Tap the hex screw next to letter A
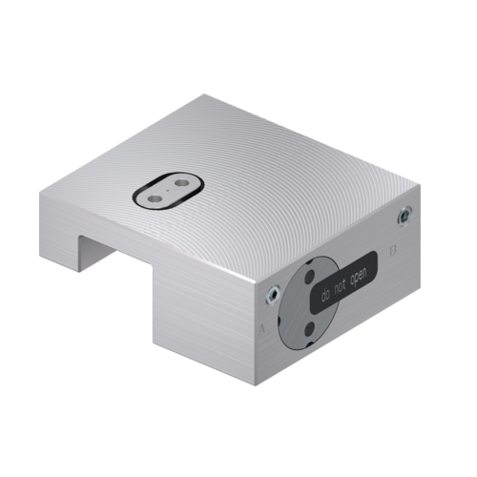point(274,297)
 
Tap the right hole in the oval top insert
point(180,181)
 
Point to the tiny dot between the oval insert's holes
point(168,190)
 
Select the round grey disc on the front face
point(303,305)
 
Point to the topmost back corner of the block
point(203,95)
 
